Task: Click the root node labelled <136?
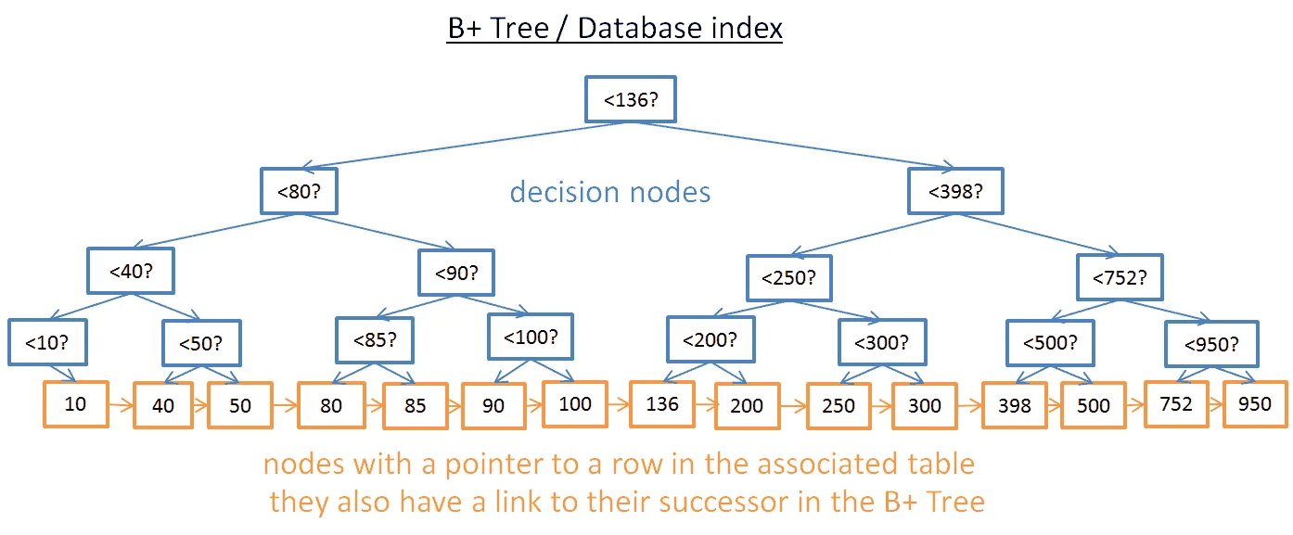coord(631,99)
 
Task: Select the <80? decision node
coord(299,192)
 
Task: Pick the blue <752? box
coord(1119,276)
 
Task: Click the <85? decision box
coord(375,339)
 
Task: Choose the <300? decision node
coord(880,342)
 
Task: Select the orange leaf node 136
coord(662,403)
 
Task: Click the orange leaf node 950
coord(1255,403)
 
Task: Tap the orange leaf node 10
coord(76,404)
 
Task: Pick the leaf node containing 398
coord(1014,405)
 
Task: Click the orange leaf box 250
coord(839,405)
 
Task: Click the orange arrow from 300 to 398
coord(969,405)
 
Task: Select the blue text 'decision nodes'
coord(610,192)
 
